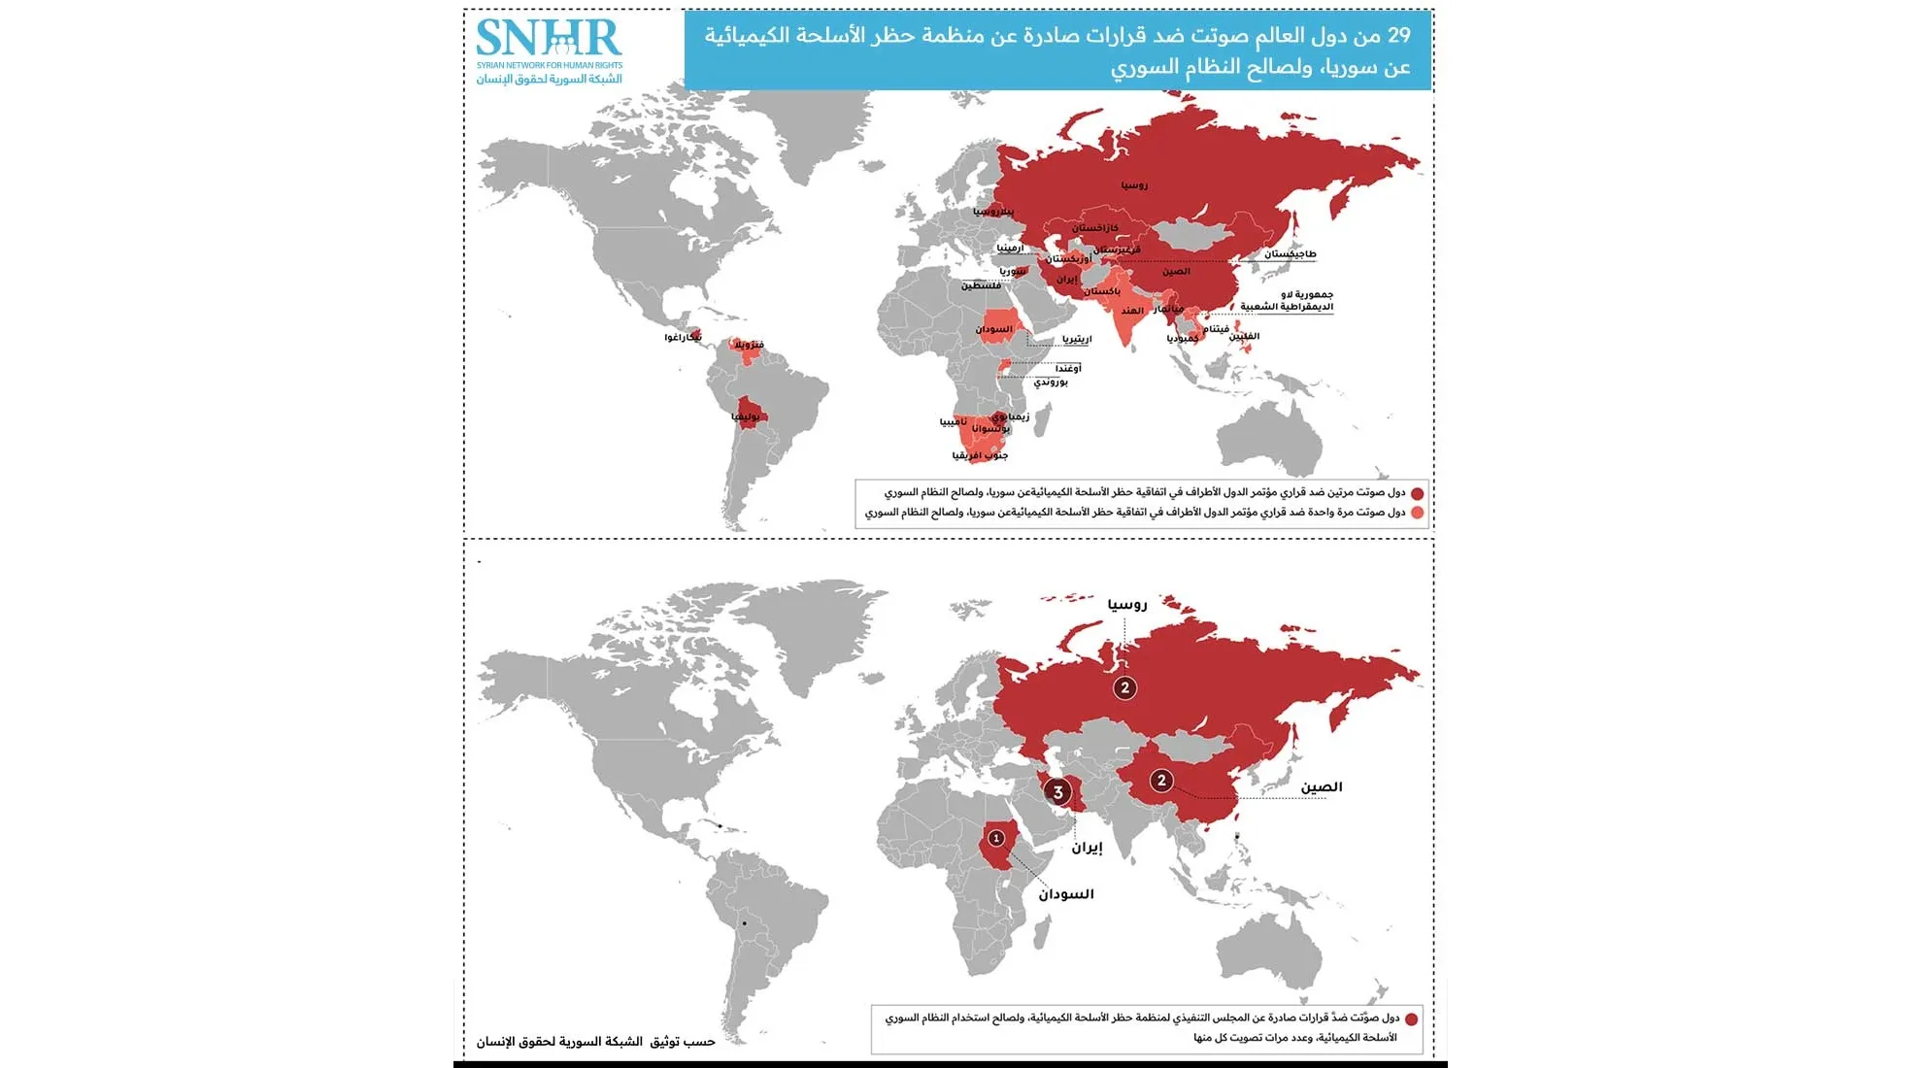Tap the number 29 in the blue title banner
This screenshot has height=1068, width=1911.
point(1398,36)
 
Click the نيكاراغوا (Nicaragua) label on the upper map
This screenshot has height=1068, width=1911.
point(683,337)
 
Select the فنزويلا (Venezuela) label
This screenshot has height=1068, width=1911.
point(749,345)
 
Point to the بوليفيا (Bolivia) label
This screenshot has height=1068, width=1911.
point(746,417)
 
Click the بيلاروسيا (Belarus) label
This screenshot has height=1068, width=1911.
point(993,211)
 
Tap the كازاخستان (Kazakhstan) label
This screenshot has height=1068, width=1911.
point(1095,228)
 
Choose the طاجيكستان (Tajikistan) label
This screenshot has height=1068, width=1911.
point(1290,254)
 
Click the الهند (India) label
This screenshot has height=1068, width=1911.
point(1132,311)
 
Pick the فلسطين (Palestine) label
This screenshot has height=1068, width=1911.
point(981,285)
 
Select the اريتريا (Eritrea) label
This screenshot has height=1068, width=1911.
point(1077,339)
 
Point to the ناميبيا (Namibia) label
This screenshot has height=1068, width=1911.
point(953,421)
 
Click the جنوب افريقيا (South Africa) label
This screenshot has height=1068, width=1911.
point(980,455)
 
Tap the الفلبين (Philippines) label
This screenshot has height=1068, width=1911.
point(1244,337)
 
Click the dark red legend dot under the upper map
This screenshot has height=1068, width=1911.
point(1417,493)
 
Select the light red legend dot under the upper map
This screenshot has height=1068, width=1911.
point(1417,513)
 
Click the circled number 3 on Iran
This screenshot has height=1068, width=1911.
point(1058,791)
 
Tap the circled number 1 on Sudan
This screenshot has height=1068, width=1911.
point(996,838)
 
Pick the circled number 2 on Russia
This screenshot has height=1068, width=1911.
point(1125,687)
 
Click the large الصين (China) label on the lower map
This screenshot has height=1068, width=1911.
point(1322,787)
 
